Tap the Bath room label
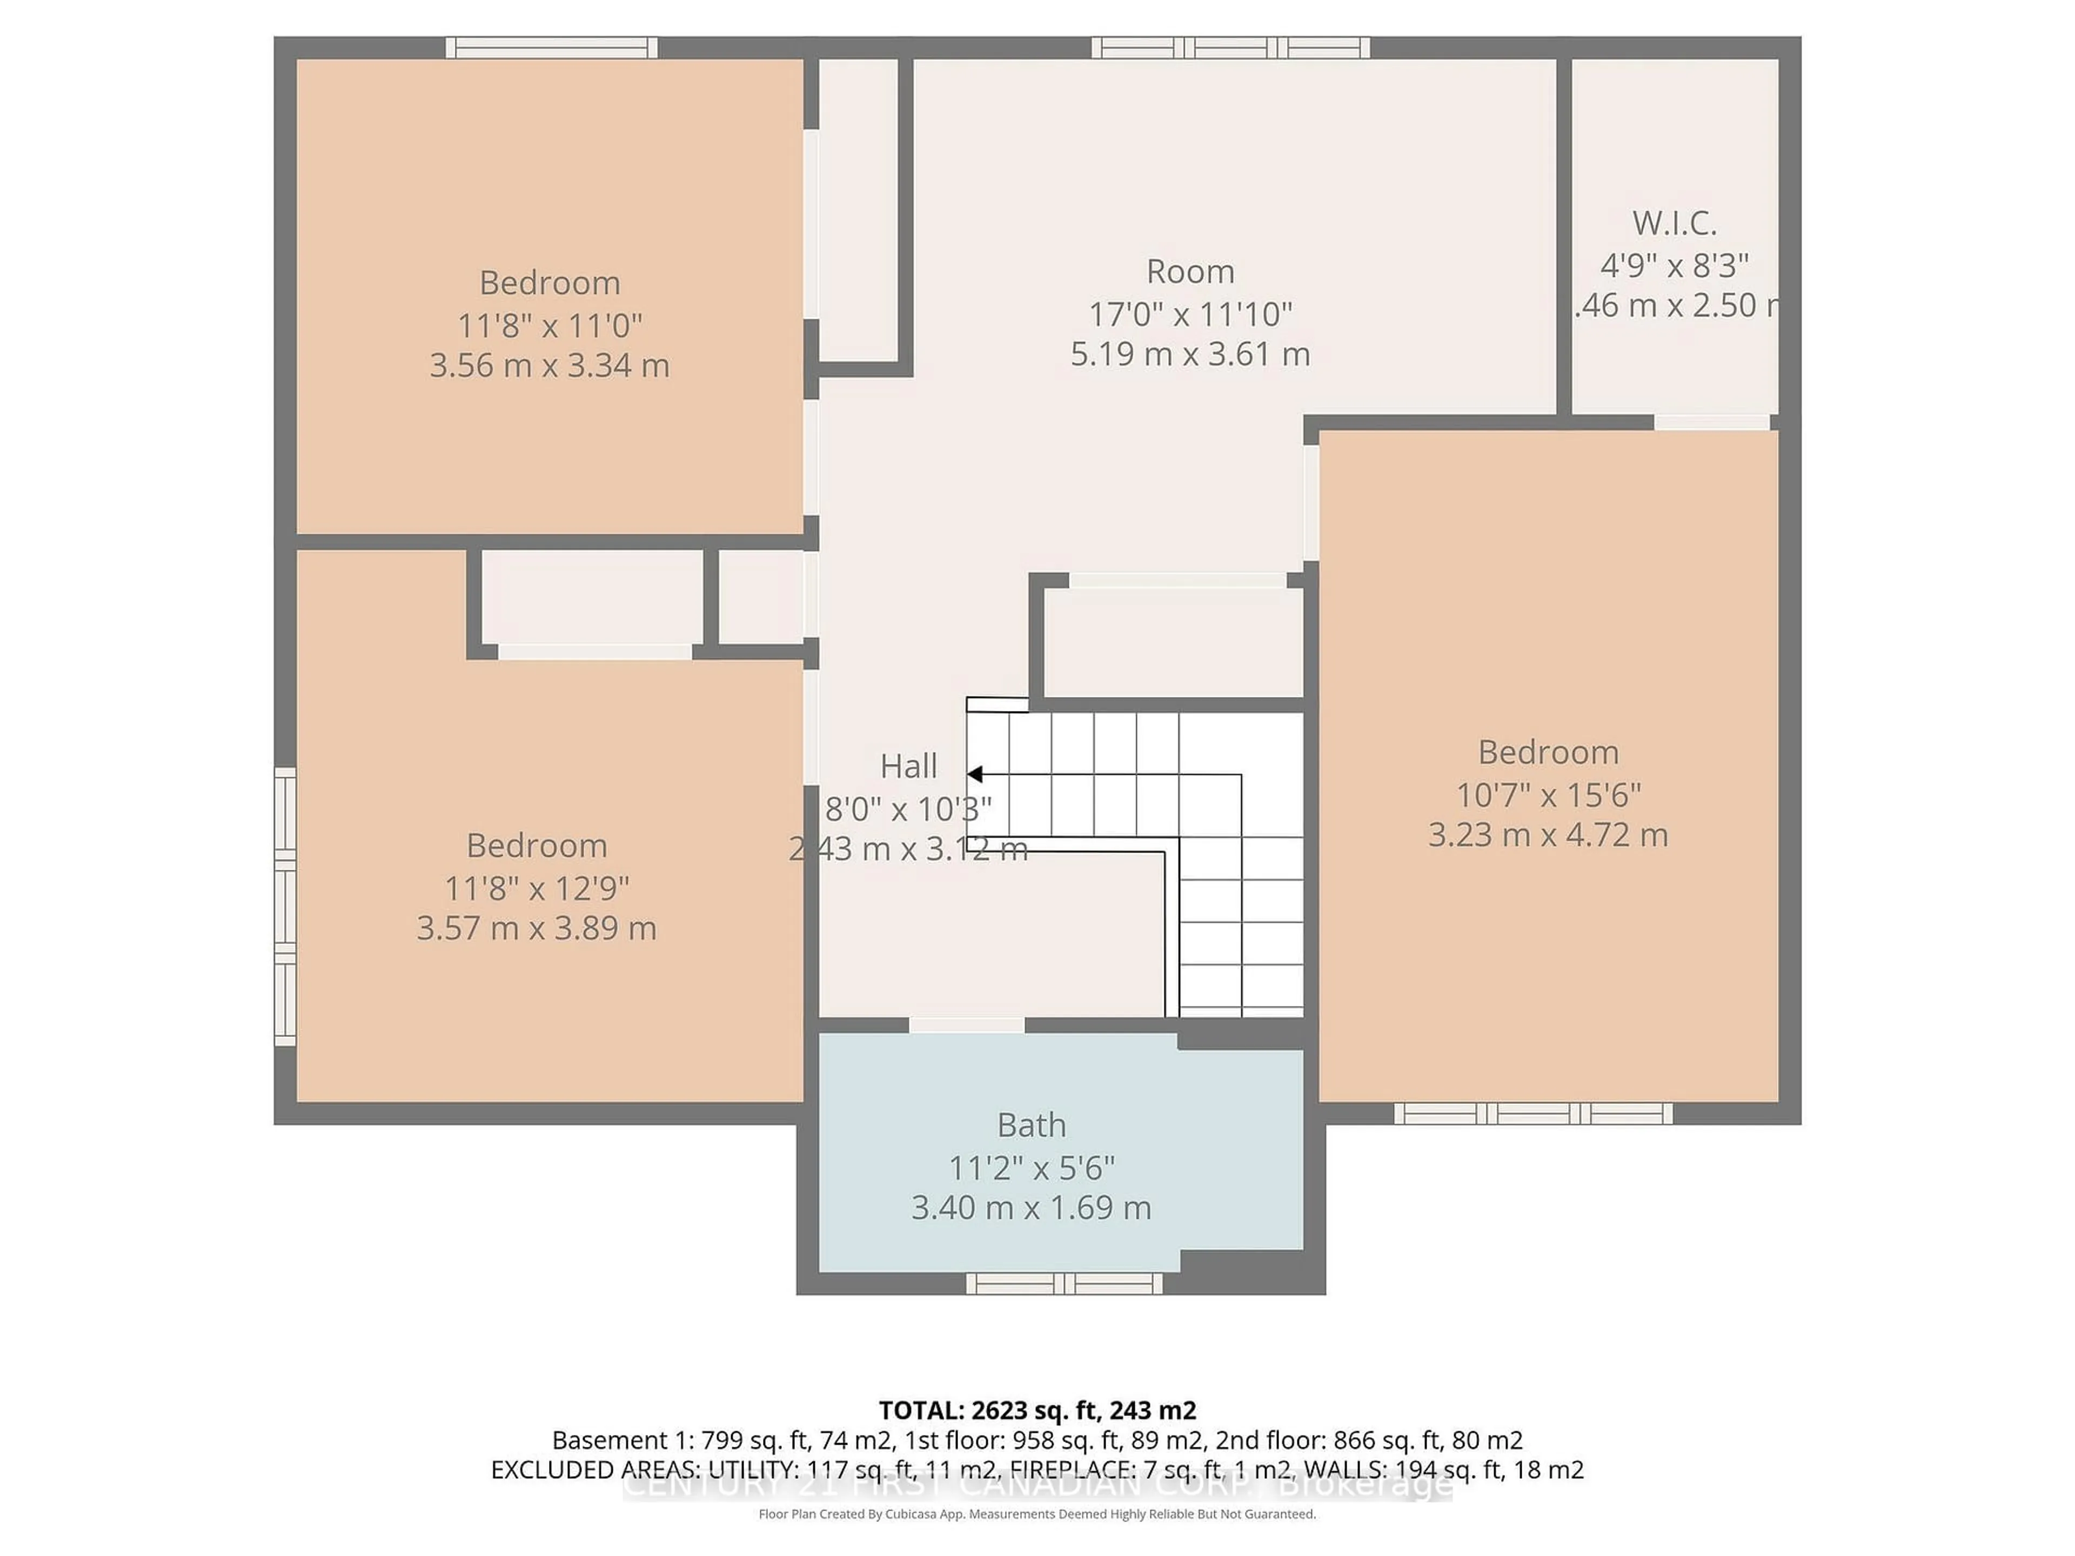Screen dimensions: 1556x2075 point(1031,1124)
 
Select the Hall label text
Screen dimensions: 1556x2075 point(908,766)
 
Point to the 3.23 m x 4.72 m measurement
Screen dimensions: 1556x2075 point(1548,835)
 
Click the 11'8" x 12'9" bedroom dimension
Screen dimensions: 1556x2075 point(537,887)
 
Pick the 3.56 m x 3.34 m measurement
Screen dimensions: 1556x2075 point(550,365)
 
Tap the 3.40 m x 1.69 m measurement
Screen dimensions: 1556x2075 point(1031,1207)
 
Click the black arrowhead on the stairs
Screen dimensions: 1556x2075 point(975,774)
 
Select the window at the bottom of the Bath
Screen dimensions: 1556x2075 point(1064,1283)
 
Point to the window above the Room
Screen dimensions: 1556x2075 point(1230,48)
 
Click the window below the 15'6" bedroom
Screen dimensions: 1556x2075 point(1533,1114)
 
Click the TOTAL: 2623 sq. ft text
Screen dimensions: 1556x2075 point(1036,1410)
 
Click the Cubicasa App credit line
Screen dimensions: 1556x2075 point(1036,1514)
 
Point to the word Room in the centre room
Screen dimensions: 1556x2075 point(1189,272)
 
